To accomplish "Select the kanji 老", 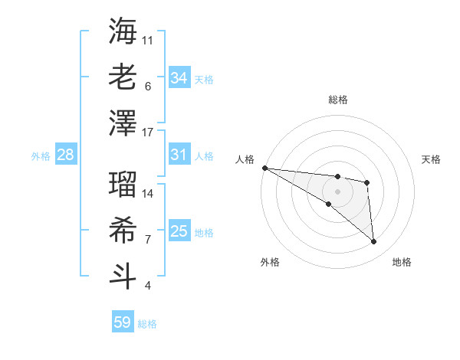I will pyautogui.click(x=123, y=77).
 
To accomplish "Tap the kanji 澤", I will pyautogui.click(x=123, y=123).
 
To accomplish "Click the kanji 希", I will pyautogui.click(x=123, y=229).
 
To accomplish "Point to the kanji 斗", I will pyautogui.click(x=123, y=274).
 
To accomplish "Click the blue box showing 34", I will pyautogui.click(x=179, y=77).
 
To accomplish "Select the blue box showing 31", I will pyautogui.click(x=179, y=155).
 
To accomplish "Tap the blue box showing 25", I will pyautogui.click(x=179, y=231).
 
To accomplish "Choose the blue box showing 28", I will pyautogui.click(x=65, y=155).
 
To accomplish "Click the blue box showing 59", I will pyautogui.click(x=122, y=322).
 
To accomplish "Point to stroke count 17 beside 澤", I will pyautogui.click(x=148, y=133).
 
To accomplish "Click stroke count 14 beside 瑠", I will pyautogui.click(x=148, y=194).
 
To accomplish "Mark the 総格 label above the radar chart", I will pyautogui.click(x=337, y=100).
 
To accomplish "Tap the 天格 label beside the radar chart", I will pyautogui.click(x=432, y=159).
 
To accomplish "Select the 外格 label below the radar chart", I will pyautogui.click(x=269, y=262).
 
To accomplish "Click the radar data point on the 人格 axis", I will pyautogui.click(x=264, y=168).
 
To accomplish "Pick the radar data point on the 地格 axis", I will pyautogui.click(x=374, y=242).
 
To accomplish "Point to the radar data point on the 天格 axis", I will pyautogui.click(x=367, y=182).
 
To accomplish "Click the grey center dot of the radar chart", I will pyautogui.click(x=337, y=191).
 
